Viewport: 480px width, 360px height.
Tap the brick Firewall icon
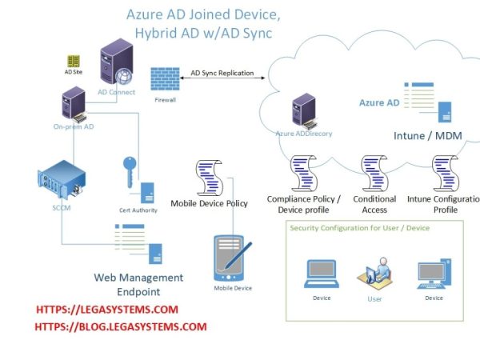(162, 79)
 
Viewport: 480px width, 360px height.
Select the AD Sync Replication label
(228, 73)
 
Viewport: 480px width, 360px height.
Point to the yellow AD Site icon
(73, 61)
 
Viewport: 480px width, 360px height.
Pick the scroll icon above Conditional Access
(374, 173)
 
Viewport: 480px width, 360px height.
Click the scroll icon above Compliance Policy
(302, 173)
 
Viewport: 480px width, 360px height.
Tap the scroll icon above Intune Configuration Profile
(444, 173)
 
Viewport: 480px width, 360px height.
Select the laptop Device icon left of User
(321, 274)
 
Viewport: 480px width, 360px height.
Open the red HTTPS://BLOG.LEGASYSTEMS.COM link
(121, 326)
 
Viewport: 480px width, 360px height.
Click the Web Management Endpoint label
(139, 284)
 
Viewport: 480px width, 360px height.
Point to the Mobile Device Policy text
(210, 203)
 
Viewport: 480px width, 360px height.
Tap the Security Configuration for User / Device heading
(360, 228)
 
